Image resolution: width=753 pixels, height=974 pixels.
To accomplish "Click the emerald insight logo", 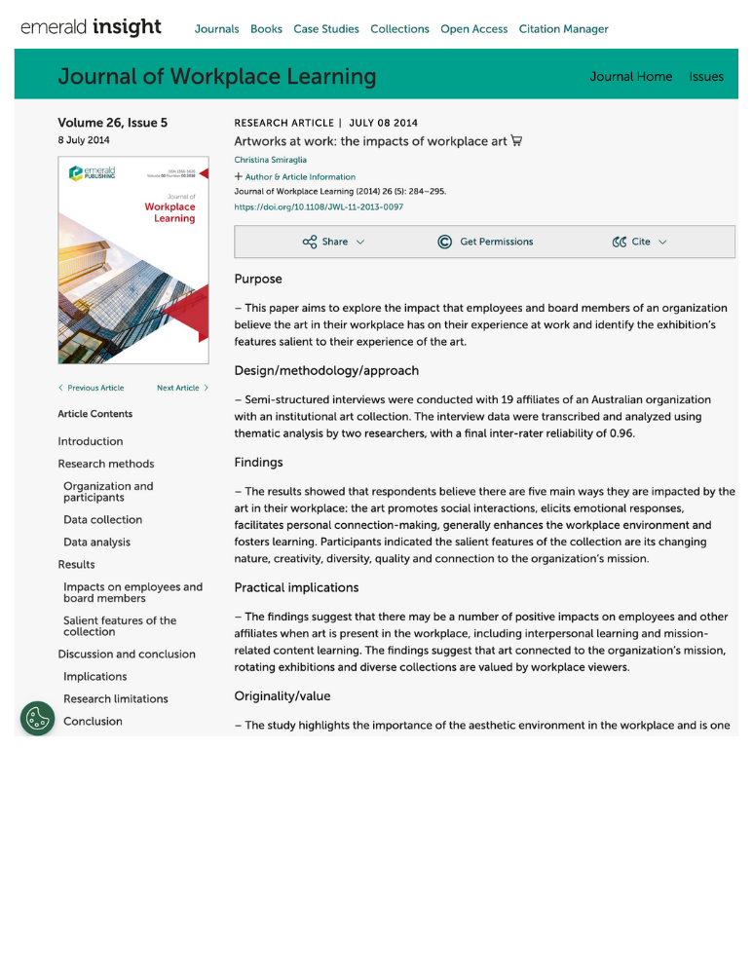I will tap(91, 27).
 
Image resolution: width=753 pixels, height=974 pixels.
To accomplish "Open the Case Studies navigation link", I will tap(326, 29).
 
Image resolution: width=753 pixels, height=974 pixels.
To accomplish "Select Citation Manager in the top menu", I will tap(563, 29).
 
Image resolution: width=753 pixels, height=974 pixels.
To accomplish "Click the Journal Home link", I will tap(630, 77).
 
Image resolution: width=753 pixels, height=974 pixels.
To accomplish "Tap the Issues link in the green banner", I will tap(706, 77).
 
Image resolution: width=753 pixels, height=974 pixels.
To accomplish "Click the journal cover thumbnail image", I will tap(133, 260).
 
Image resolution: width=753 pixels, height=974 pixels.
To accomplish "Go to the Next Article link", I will tap(182, 388).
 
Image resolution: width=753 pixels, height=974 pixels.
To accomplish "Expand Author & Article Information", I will tap(295, 177).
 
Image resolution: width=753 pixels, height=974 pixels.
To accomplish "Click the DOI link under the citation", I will tap(319, 207).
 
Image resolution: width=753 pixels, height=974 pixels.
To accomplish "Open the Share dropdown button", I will tap(334, 242).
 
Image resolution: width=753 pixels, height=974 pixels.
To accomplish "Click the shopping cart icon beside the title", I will tap(516, 141).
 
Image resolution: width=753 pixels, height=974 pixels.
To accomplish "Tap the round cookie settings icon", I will tap(37, 719).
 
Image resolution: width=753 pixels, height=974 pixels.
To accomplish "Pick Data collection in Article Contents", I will tap(102, 520).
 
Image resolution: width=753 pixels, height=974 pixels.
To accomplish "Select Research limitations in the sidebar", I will tap(115, 699).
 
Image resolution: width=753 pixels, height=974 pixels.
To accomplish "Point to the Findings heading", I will tap(258, 463).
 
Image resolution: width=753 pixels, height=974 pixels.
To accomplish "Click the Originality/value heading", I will tap(282, 696).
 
